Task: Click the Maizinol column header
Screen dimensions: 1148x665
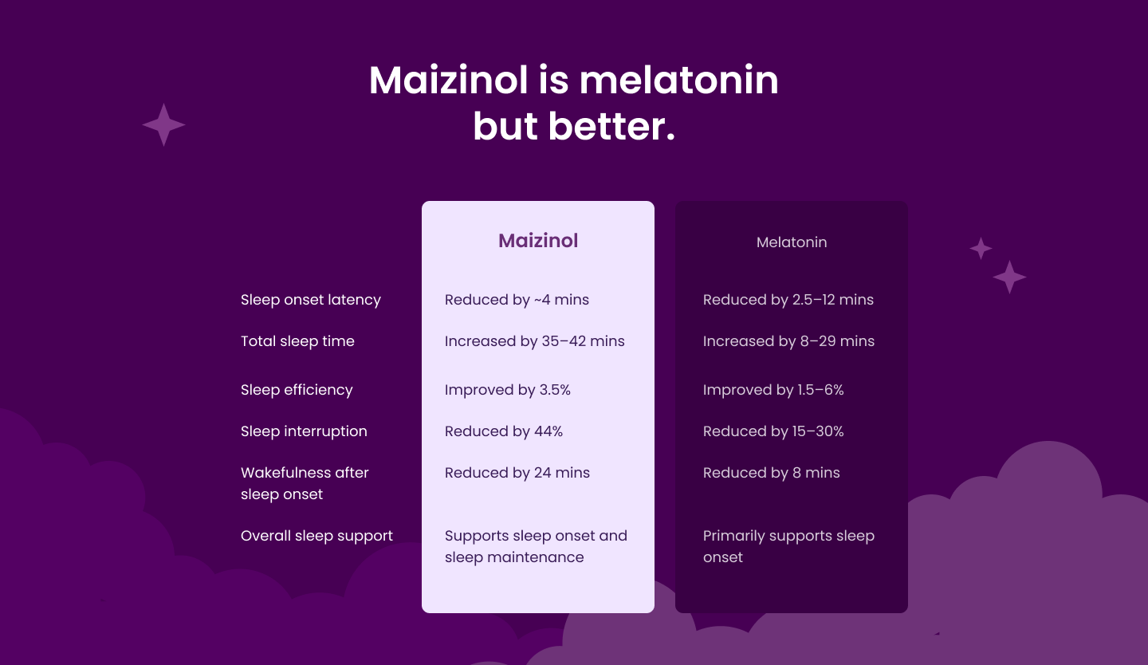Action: tap(538, 241)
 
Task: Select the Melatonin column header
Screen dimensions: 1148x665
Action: tap(792, 242)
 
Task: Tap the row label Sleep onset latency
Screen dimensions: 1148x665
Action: tap(311, 300)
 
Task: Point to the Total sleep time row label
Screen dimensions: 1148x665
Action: tap(297, 341)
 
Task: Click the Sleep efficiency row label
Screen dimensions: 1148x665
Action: tap(297, 390)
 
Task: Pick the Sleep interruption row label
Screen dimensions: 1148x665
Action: tap(304, 431)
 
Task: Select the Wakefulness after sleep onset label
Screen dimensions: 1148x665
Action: tap(305, 483)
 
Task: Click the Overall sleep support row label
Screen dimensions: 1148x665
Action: tap(316, 536)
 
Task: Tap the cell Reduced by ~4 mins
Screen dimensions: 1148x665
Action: tap(517, 300)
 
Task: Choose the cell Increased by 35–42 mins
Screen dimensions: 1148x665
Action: tap(534, 341)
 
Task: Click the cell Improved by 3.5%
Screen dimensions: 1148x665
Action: tap(507, 390)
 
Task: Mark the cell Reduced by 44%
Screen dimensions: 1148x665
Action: tap(503, 431)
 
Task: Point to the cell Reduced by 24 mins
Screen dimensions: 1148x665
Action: tap(517, 473)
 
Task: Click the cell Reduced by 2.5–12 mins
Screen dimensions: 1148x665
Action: tap(788, 300)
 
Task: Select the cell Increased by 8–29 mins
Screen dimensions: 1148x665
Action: tap(788, 341)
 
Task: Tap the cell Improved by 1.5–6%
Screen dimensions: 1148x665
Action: tap(773, 390)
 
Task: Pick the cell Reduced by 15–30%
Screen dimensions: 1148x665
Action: tap(773, 431)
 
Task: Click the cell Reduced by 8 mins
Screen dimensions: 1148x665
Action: tap(772, 473)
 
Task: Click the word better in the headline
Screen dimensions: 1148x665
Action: tap(612, 126)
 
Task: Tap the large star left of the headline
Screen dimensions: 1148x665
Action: tap(163, 124)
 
